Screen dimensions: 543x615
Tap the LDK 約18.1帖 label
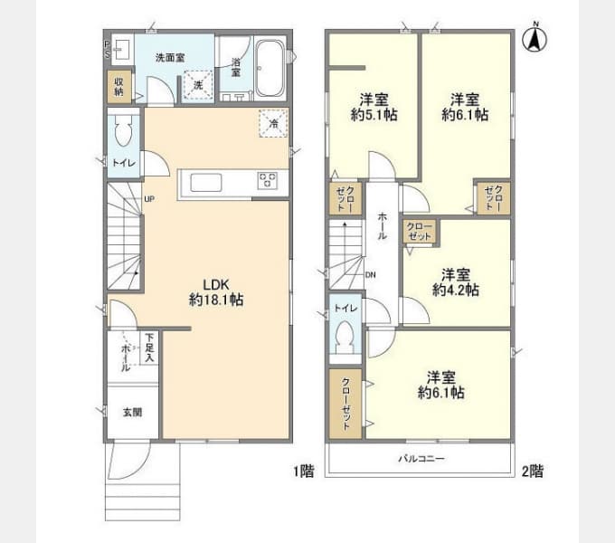[x=214, y=291]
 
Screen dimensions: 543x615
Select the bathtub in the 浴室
[x=269, y=70]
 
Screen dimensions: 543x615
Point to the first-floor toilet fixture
[x=124, y=134]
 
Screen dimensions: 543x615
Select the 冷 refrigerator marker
[x=270, y=123]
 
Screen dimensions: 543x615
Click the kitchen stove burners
[x=268, y=180]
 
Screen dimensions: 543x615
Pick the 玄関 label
[x=132, y=412]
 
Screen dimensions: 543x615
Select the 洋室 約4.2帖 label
[x=455, y=282]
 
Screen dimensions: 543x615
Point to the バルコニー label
[x=421, y=459]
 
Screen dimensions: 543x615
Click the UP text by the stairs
[x=149, y=198]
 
